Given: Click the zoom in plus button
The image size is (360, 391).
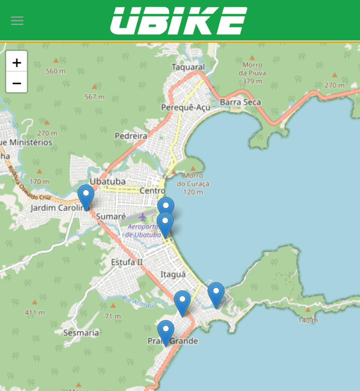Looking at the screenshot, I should (16, 62).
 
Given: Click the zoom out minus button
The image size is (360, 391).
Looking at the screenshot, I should (16, 83).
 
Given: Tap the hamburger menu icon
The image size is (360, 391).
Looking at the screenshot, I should (17, 21).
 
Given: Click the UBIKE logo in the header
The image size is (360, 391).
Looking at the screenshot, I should (179, 21).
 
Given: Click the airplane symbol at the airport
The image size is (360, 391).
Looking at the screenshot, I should (143, 216).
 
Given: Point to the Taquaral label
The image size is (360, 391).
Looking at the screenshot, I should (188, 67).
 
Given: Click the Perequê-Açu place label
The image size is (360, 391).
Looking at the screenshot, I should (186, 108).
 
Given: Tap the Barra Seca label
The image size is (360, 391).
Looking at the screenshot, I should (240, 102).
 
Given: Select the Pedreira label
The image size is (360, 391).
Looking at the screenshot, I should (131, 136).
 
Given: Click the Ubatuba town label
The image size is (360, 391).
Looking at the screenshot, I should (107, 182).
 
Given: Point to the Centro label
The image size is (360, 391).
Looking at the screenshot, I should (152, 191).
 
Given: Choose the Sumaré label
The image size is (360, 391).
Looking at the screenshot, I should (111, 217).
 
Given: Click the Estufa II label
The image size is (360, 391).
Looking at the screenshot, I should (127, 262).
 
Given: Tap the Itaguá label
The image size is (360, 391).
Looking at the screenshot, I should (173, 275).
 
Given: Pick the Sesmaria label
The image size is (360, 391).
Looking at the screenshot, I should (81, 333).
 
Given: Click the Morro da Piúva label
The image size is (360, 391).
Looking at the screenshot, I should (252, 73).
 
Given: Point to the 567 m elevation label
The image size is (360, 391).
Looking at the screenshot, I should (94, 97).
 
